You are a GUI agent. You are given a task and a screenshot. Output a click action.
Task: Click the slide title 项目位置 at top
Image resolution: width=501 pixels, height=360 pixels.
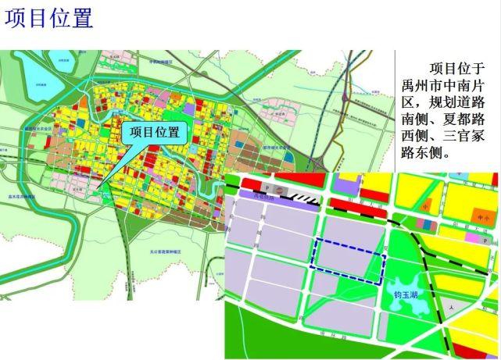click(x=48, y=19)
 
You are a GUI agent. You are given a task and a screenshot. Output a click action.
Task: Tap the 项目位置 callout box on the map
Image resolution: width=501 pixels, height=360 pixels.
click(x=154, y=132)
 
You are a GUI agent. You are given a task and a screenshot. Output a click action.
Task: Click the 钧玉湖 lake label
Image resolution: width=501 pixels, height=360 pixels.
click(x=408, y=294)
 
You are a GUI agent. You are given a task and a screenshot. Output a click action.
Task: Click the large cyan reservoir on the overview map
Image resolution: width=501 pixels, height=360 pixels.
click(x=36, y=77)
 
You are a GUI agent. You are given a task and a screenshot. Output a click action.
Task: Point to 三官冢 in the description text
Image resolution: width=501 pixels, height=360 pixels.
click(x=463, y=137)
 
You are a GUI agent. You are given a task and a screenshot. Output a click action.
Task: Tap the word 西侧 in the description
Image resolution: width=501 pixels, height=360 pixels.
click(x=417, y=137)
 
